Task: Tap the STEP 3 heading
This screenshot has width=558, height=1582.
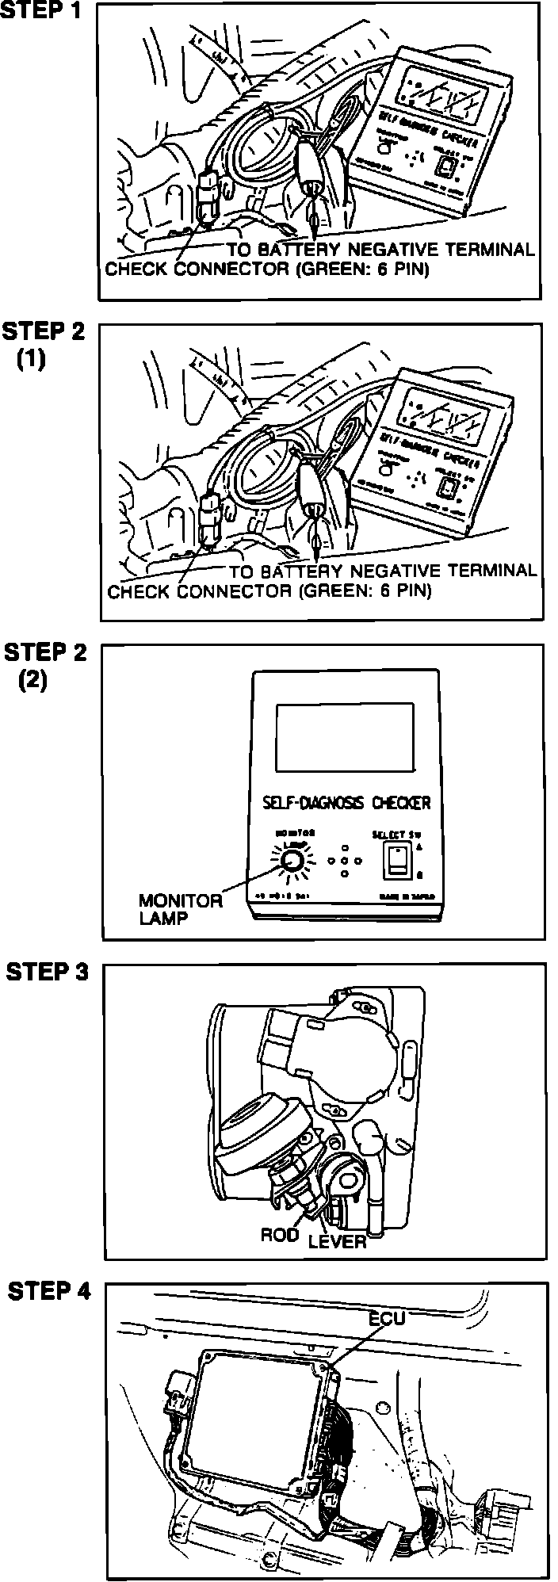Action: [x=47, y=973]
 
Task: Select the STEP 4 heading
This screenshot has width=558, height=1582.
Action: [x=48, y=1292]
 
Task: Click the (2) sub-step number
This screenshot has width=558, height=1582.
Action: [x=32, y=682]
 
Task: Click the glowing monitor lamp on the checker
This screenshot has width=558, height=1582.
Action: [x=290, y=861]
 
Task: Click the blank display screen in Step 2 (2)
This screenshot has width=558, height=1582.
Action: [x=345, y=737]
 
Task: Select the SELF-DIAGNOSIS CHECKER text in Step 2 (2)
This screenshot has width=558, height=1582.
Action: [x=346, y=802]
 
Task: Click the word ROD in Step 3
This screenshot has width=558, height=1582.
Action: [x=279, y=1235]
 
